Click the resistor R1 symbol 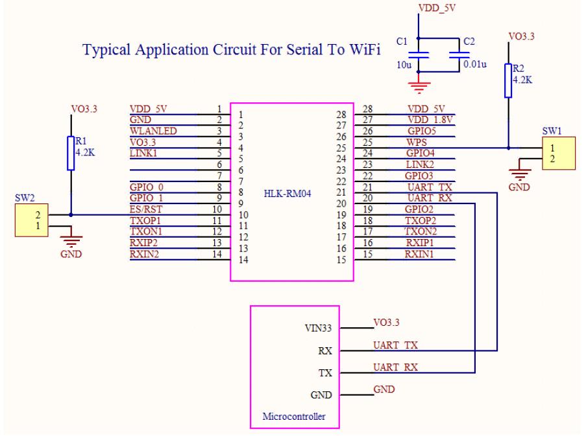(70, 153)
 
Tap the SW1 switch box (558, 154)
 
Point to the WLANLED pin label (154, 130)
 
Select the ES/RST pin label (147, 209)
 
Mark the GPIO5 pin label (421, 130)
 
